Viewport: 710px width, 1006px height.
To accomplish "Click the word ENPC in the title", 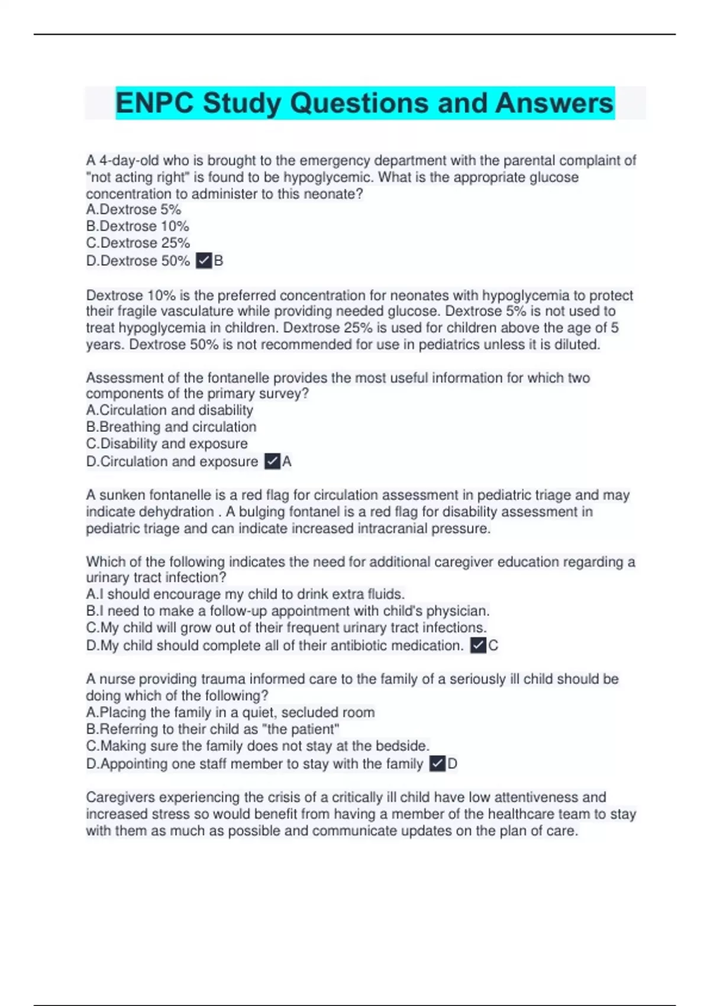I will pyautogui.click(x=154, y=103).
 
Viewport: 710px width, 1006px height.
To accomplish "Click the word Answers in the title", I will pyautogui.click(x=554, y=103).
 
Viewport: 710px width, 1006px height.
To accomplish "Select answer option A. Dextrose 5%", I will pyautogui.click(x=134, y=209).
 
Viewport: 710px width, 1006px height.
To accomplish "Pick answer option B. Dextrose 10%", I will pyautogui.click(x=137, y=226).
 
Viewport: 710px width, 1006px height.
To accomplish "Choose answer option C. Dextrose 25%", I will pyautogui.click(x=138, y=243).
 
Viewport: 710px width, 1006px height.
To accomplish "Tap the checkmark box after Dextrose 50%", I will pyautogui.click(x=204, y=260).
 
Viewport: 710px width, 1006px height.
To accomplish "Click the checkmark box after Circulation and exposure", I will pyautogui.click(x=272, y=461).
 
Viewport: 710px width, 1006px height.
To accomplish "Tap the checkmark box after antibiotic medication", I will pyautogui.click(x=478, y=645).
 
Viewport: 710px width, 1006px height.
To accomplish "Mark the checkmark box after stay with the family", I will pyautogui.click(x=437, y=763).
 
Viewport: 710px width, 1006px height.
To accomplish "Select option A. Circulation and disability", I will pyautogui.click(x=169, y=410).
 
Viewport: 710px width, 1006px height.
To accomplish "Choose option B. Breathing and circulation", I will pyautogui.click(x=171, y=427).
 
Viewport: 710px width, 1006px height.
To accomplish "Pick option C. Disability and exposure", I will pyautogui.click(x=167, y=443).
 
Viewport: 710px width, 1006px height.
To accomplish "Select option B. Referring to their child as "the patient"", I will pyautogui.click(x=212, y=729).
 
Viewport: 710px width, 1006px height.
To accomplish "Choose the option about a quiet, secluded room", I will pyautogui.click(x=230, y=712).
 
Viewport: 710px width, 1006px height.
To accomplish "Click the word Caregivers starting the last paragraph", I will pyautogui.click(x=121, y=797).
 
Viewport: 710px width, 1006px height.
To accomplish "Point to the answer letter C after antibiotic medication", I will pyautogui.click(x=493, y=645).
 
